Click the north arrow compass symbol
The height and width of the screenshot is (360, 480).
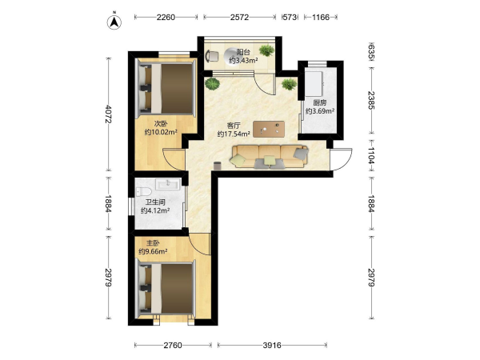click(114, 22)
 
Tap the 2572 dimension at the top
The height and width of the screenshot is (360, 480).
click(239, 17)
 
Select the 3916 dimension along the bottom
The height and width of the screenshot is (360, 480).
click(272, 346)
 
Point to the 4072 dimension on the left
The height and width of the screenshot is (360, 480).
click(108, 114)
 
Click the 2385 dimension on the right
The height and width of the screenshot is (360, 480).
click(371, 100)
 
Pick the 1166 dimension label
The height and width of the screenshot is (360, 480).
click(321, 17)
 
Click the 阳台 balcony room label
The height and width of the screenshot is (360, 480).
click(243, 52)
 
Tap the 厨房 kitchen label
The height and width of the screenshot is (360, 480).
click(319, 103)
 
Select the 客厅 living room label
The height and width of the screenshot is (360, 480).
click(234, 126)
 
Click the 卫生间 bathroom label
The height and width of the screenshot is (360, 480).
click(155, 202)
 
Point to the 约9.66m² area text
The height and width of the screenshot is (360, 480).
click(153, 252)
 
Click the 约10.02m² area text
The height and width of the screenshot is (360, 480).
click(161, 132)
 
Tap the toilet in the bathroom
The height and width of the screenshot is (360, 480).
click(143, 192)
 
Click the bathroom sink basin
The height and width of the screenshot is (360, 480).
click(168, 185)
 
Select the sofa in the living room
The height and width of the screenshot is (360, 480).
click(270, 157)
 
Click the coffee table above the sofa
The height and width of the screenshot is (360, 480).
click(269, 129)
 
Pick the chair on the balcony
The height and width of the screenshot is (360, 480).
click(212, 56)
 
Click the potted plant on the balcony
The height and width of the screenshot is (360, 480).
click(266, 50)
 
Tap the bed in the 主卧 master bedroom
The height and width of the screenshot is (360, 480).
click(166, 289)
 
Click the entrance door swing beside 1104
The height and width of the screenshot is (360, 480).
click(341, 159)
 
